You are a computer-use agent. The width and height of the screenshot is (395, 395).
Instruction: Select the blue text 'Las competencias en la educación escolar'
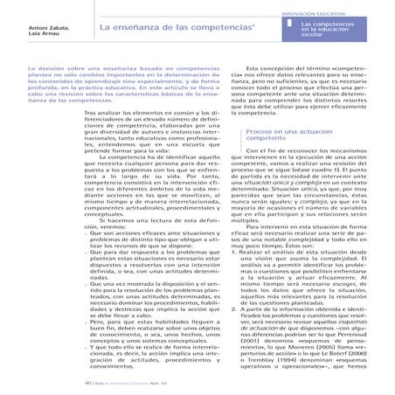351,31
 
